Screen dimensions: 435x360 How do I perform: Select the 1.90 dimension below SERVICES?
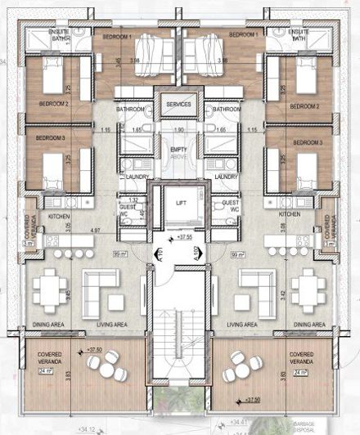click(179, 129)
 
